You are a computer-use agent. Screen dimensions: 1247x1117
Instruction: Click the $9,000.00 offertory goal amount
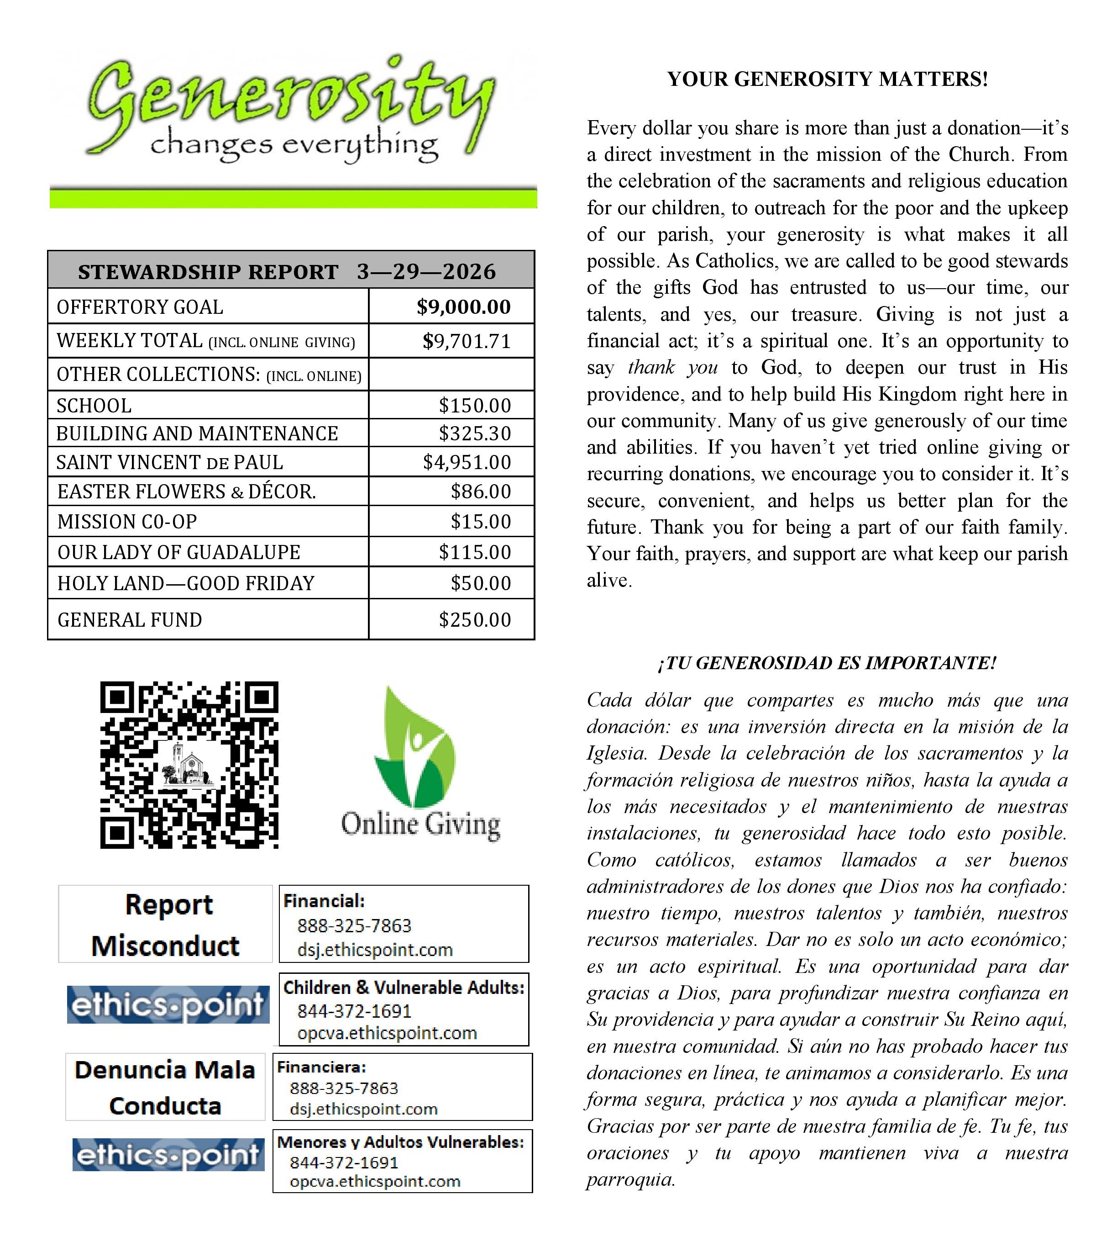coord(463,306)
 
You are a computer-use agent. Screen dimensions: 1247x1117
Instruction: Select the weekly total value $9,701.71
coord(467,341)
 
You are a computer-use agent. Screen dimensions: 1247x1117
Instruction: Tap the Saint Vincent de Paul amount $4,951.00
coord(467,462)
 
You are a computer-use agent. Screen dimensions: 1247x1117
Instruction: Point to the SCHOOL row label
coord(94,406)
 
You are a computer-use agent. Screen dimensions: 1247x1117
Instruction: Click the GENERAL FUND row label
coord(130,619)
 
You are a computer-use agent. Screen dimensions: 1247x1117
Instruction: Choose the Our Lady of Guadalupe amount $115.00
coord(474,552)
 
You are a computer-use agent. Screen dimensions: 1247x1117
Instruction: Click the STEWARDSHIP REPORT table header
coord(287,271)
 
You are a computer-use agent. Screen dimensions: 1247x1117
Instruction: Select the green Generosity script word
coord(288,101)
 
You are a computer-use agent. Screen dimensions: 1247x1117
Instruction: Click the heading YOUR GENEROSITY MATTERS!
coord(827,79)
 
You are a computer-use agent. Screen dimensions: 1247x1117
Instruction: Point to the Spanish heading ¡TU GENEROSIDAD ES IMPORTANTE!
coord(827,663)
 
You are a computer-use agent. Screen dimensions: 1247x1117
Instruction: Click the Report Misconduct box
coord(166,924)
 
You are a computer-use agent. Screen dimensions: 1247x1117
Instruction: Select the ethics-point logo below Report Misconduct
coord(168,1004)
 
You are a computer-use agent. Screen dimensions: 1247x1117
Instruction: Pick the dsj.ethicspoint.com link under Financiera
coord(363,1109)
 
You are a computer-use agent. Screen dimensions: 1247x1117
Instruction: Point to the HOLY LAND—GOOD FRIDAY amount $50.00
coord(481,583)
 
